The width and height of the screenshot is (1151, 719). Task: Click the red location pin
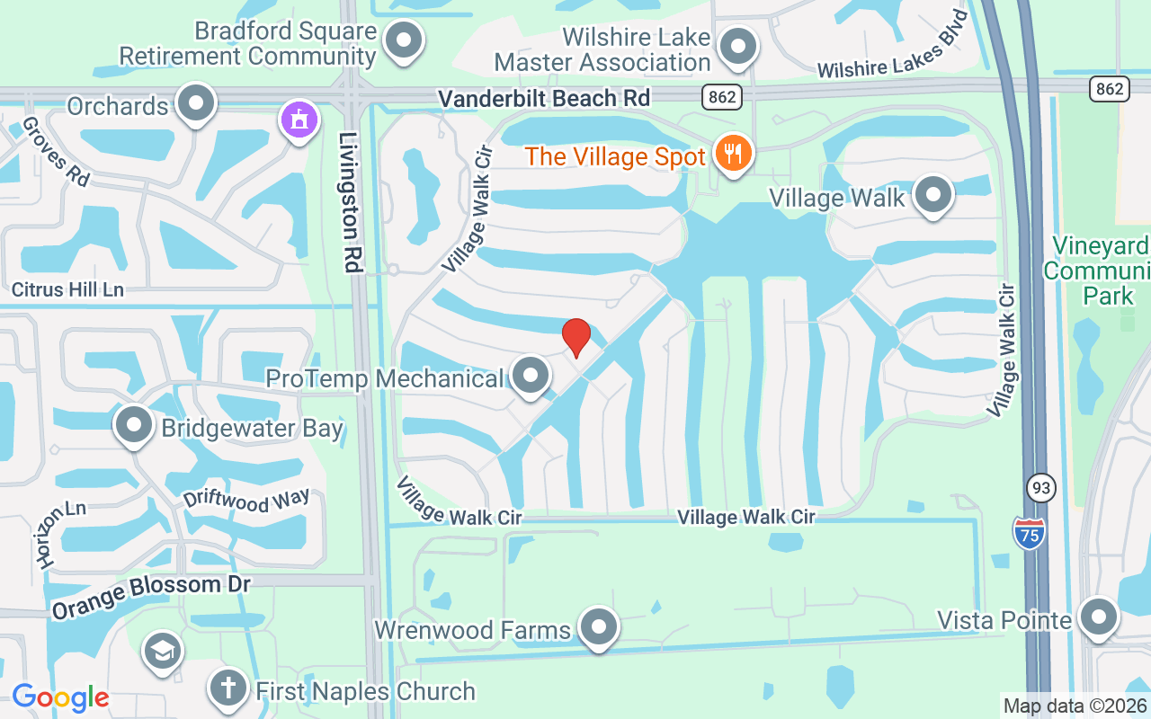pyautogui.click(x=575, y=337)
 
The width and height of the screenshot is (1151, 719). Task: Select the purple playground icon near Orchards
pyautogui.click(x=299, y=120)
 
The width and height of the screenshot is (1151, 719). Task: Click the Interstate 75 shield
pyautogui.click(x=1030, y=534)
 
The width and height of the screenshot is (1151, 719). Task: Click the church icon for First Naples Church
pyautogui.click(x=228, y=688)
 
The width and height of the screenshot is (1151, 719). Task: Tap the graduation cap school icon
pyautogui.click(x=162, y=652)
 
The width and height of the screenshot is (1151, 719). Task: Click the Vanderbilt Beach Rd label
pyautogui.click(x=543, y=98)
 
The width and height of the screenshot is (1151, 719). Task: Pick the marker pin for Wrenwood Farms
pyautogui.click(x=598, y=627)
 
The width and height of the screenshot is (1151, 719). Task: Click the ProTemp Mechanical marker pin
pyautogui.click(x=530, y=376)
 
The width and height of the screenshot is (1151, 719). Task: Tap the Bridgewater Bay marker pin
pyautogui.click(x=135, y=425)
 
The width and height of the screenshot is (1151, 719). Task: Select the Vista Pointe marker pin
pyautogui.click(x=1098, y=617)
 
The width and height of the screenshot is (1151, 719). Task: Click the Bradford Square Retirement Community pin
pyautogui.click(x=404, y=40)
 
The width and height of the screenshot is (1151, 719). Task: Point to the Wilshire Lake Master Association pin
pyautogui.click(x=738, y=46)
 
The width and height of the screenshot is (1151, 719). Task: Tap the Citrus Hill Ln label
pyautogui.click(x=67, y=290)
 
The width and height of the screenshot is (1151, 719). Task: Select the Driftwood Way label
pyautogui.click(x=246, y=502)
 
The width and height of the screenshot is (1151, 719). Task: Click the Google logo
pyautogui.click(x=60, y=697)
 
